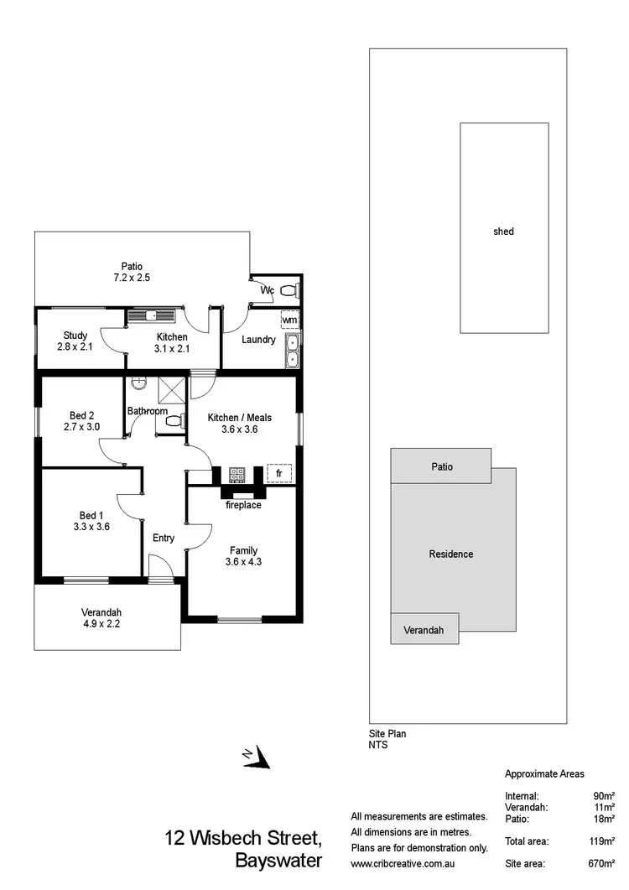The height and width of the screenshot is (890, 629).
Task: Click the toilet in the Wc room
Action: click(288, 291)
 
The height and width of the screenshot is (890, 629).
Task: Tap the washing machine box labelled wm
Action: click(289, 320)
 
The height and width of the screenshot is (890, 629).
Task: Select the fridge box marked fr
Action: click(278, 474)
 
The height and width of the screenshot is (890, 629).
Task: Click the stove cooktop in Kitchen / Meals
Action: click(237, 475)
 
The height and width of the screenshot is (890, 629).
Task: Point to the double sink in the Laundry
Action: click(292, 351)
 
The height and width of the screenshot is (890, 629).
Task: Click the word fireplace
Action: click(243, 505)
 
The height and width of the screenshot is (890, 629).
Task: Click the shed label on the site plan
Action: click(503, 231)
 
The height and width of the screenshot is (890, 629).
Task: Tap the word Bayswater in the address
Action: click(278, 861)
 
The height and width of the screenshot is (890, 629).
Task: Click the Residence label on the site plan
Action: click(451, 554)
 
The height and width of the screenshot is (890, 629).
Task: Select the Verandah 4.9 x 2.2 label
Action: click(101, 617)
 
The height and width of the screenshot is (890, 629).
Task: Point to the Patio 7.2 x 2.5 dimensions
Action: click(132, 277)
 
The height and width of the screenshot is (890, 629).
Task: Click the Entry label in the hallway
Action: click(164, 538)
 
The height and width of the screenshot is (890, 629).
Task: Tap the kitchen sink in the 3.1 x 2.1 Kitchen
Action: click(152, 315)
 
